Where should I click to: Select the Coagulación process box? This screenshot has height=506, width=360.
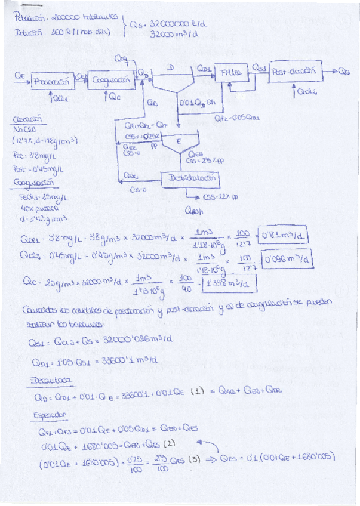pos(110,79)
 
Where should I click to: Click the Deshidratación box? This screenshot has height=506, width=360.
pos(190,178)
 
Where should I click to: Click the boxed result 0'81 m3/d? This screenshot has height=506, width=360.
pos(284,237)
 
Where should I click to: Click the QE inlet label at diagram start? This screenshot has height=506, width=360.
pos(20,75)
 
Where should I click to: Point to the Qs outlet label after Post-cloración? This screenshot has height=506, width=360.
pos(344,72)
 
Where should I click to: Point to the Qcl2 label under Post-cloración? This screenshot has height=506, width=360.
pos(306,92)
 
